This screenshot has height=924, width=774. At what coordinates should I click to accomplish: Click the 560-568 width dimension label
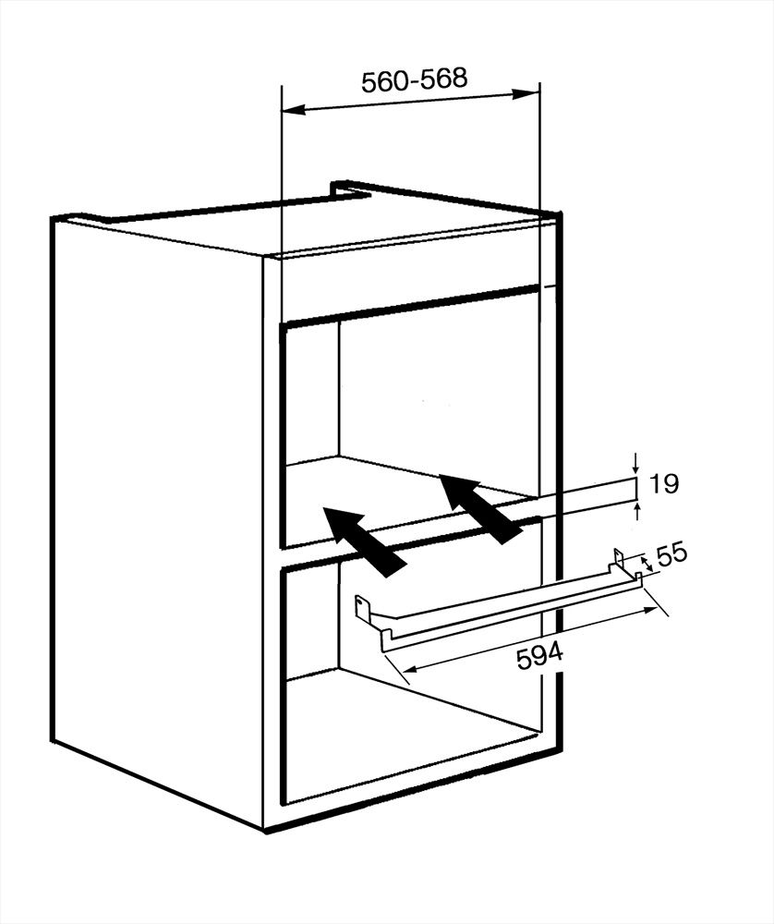click(414, 80)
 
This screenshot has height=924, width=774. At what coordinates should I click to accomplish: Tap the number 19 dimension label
click(664, 483)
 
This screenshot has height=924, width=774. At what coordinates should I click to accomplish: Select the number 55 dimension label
click(672, 554)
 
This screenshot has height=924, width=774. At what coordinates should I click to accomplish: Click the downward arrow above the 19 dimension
click(636, 462)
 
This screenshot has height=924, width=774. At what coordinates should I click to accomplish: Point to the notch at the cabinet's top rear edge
click(344, 189)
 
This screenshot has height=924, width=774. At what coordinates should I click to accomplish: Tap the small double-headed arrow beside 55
click(647, 562)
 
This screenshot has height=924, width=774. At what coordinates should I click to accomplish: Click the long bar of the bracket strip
click(508, 609)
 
